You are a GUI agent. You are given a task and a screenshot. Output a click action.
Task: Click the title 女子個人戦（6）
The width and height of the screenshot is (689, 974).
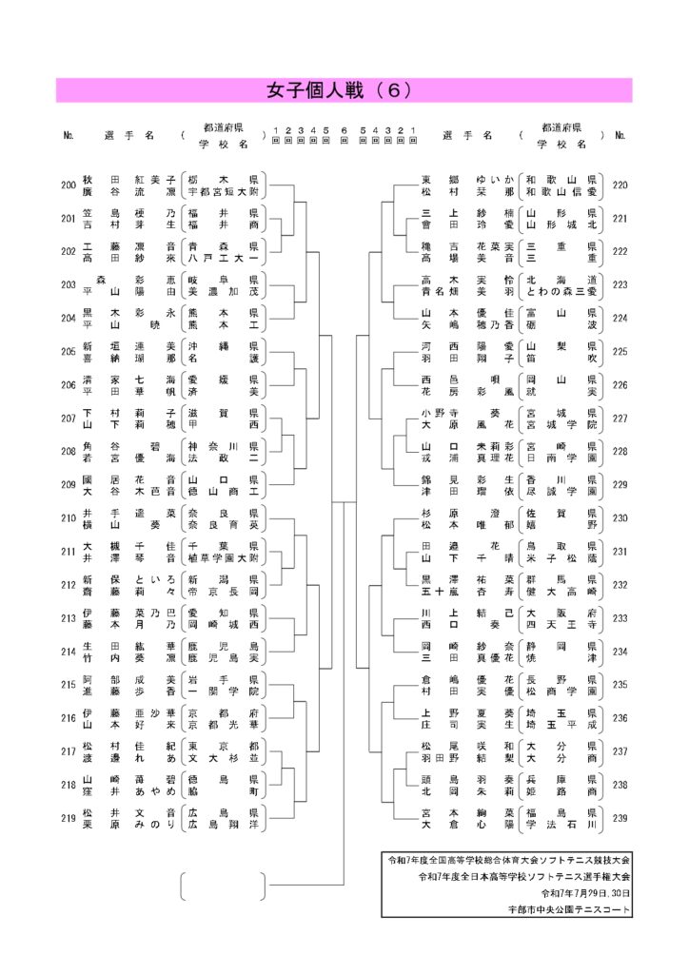click(344, 90)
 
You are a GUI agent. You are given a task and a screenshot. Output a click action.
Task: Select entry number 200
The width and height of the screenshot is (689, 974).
click(68, 185)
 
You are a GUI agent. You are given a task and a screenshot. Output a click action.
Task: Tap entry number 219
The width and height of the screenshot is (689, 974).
click(68, 818)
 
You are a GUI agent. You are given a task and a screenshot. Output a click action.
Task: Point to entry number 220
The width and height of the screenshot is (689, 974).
click(620, 185)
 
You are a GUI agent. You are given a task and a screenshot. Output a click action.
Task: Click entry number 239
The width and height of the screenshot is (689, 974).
click(620, 818)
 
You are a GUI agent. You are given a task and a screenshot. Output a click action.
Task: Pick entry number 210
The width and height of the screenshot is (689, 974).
click(68, 517)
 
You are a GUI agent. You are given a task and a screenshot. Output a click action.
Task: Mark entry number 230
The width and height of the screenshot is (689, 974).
click(620, 517)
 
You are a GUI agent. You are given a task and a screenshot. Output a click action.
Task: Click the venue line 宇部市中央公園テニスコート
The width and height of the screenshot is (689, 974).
click(570, 909)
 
